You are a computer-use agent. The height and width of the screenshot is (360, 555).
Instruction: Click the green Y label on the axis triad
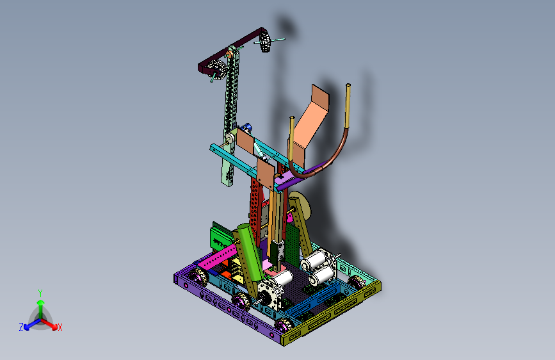click(x=40, y=293)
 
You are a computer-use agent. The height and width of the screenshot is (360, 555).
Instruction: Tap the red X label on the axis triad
click(x=60, y=327)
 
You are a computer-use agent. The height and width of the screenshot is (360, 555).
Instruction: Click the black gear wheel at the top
click(x=265, y=41)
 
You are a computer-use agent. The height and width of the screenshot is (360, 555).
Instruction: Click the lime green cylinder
click(x=250, y=252)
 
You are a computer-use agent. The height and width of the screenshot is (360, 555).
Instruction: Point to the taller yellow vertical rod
click(x=348, y=106)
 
